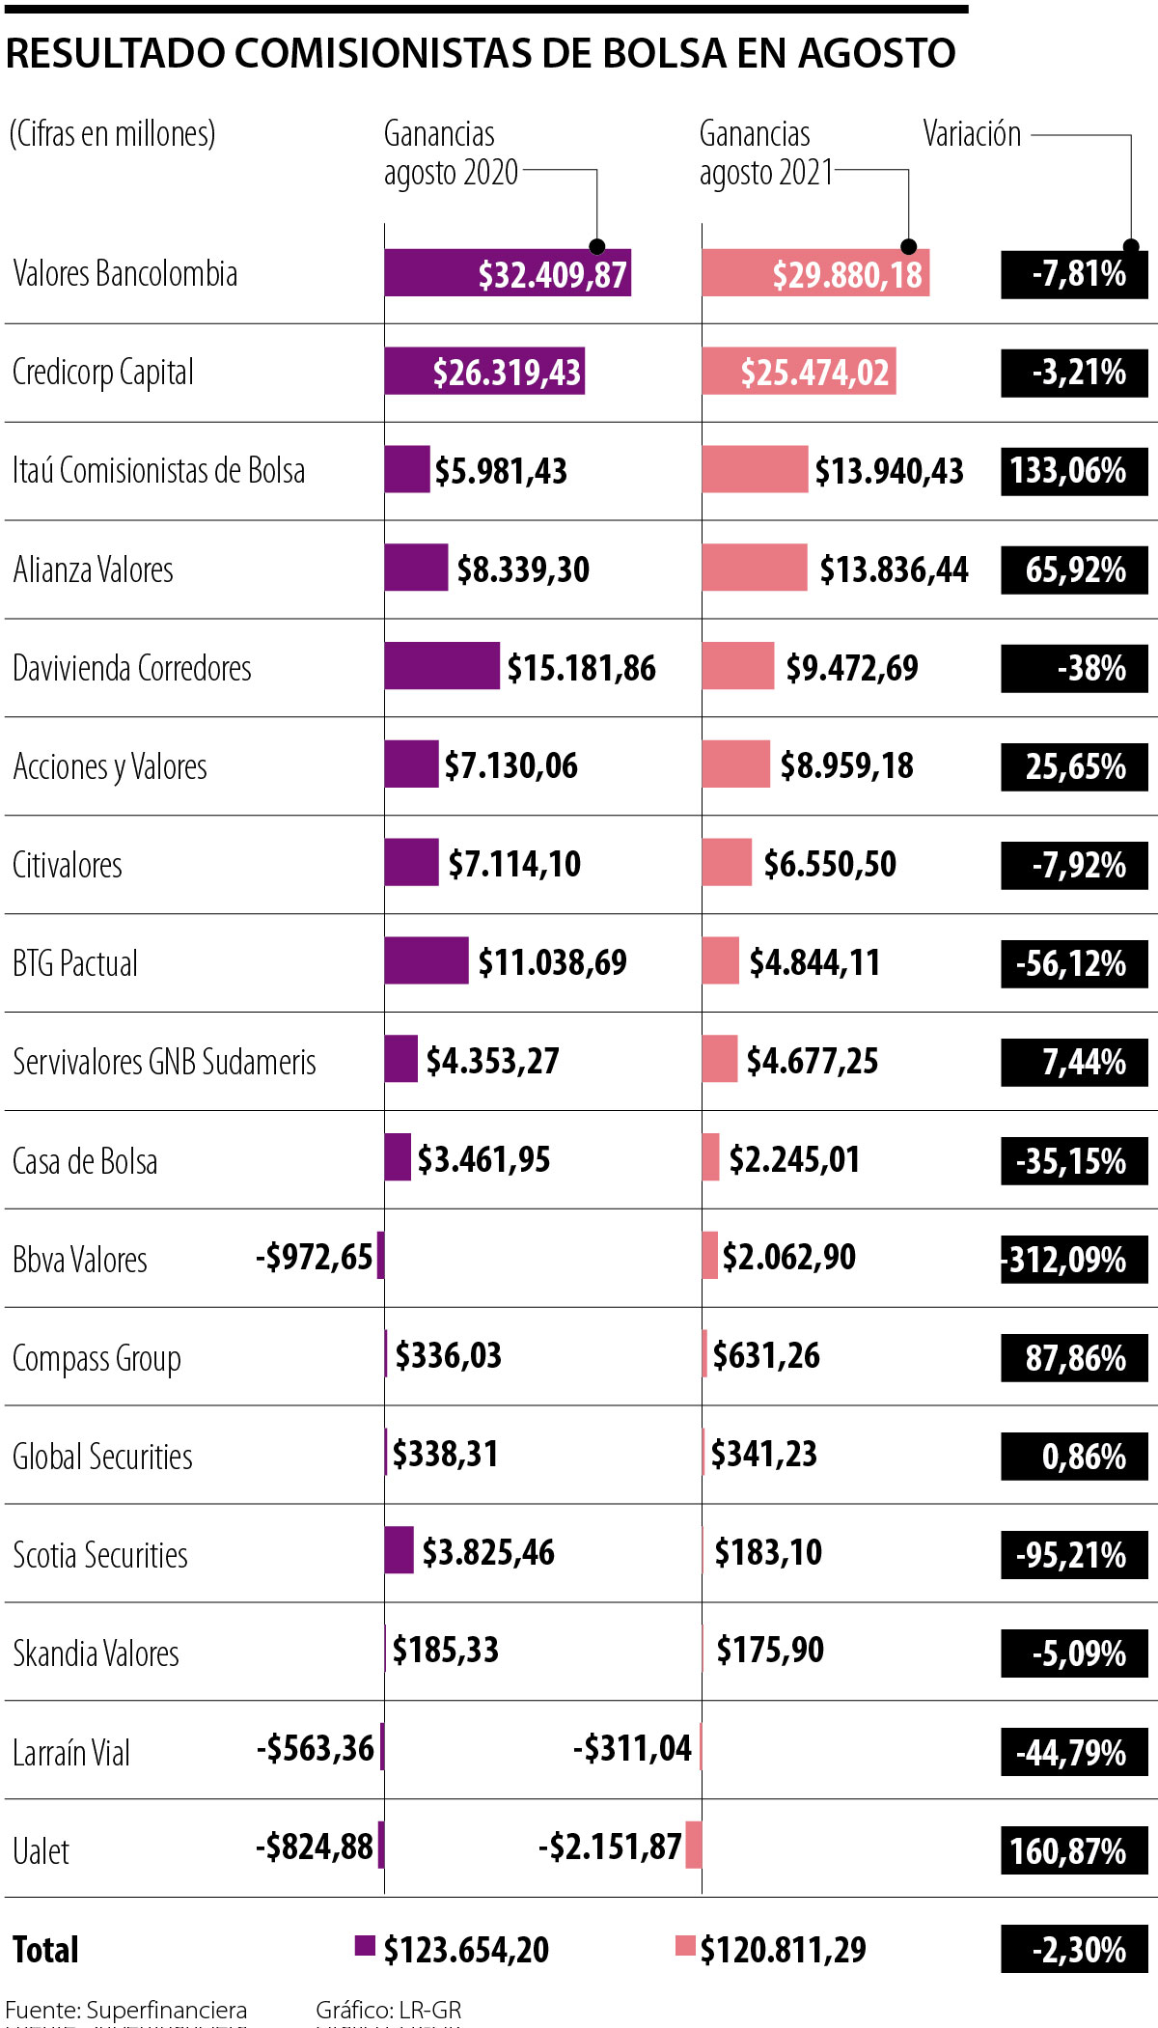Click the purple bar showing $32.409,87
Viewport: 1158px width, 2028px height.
coord(508,273)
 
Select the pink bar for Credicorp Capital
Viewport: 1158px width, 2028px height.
coord(799,372)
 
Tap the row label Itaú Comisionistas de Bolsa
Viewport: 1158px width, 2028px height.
coord(159,471)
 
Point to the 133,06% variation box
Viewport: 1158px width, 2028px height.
coord(1074,471)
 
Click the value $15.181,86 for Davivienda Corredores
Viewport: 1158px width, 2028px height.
coord(581,668)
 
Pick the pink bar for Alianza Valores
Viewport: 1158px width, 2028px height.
coord(755,568)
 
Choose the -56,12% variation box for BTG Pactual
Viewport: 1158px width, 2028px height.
coord(1074,963)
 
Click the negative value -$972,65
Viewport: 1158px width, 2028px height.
coord(314,1257)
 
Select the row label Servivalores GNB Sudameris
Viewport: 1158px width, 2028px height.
coord(164,1062)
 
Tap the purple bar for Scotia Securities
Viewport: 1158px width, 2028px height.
coord(399,1550)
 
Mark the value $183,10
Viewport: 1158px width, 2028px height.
coord(768,1552)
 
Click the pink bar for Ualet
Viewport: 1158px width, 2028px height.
coord(693,1845)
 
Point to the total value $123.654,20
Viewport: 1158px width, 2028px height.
coord(466,1950)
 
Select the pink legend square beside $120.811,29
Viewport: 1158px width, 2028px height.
coord(685,1946)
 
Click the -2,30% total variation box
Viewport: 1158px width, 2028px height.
coord(1074,1950)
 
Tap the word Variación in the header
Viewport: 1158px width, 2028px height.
coord(972,134)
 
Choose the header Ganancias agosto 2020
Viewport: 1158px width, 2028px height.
coord(451,153)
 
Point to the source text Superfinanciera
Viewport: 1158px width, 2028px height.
coord(166,2010)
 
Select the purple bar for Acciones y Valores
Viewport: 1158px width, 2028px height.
coord(411,764)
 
